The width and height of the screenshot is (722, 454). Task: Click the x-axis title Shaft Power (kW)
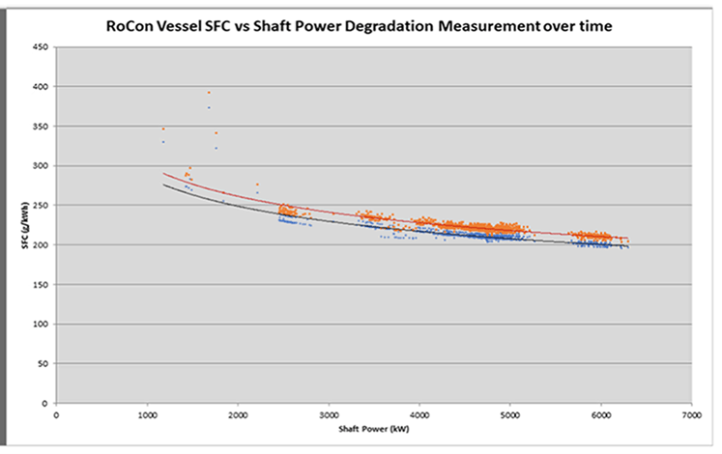[373, 428]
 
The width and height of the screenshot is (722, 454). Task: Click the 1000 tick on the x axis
[147, 413]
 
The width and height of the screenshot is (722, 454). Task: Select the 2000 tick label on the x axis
[238, 413]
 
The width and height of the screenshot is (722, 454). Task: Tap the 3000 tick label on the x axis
[329, 413]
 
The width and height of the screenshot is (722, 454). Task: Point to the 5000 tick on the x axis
[509, 413]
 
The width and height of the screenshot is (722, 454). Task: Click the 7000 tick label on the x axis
[690, 413]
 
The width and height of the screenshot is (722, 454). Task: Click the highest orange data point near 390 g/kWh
[208, 93]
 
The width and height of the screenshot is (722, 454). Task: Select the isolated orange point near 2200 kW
[257, 184]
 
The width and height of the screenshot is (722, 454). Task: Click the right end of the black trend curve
[627, 247]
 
